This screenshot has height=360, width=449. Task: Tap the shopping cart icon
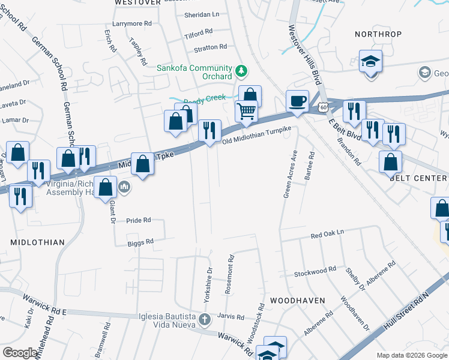click(x=246, y=111)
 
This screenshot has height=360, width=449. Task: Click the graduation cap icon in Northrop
click(x=370, y=61)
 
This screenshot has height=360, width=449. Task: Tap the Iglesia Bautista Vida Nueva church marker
click(x=205, y=319)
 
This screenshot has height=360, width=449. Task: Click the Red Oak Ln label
click(x=328, y=233)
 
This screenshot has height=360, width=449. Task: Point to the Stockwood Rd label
click(x=315, y=272)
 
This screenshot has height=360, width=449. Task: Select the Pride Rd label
click(x=139, y=221)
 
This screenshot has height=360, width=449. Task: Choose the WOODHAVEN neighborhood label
click(x=297, y=300)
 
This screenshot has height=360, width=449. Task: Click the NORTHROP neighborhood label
click(x=378, y=34)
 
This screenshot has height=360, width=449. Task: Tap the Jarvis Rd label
click(x=232, y=317)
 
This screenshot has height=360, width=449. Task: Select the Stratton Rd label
click(x=210, y=46)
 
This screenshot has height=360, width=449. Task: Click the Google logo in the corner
click(x=20, y=352)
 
